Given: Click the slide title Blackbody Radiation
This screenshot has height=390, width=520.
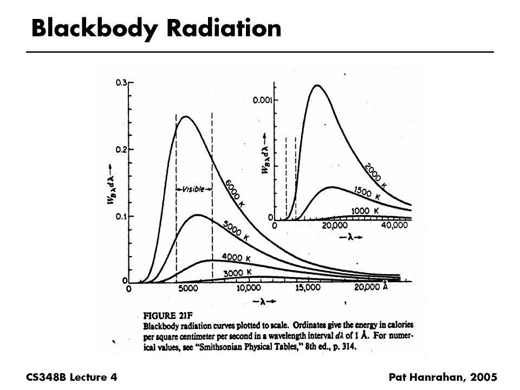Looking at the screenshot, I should pyautogui.click(x=156, y=28).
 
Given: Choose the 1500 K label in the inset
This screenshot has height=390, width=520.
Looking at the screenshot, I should pyautogui.click(x=367, y=193).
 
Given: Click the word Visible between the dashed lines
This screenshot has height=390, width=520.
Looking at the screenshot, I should pyautogui.click(x=194, y=189).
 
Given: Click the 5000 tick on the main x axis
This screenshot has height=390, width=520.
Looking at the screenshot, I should pyautogui.click(x=188, y=289).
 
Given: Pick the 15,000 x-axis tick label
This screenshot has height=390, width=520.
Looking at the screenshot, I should pyautogui.click(x=308, y=288).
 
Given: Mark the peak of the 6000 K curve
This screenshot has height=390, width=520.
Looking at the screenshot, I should pyautogui.click(x=186, y=116).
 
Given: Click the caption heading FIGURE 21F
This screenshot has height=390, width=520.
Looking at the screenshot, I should pyautogui.click(x=167, y=315).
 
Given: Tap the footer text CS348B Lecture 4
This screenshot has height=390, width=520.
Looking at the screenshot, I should pyautogui.click(x=71, y=376).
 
